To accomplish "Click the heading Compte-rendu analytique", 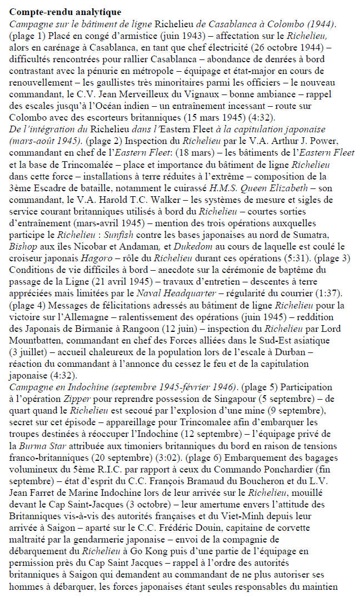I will [66, 11].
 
